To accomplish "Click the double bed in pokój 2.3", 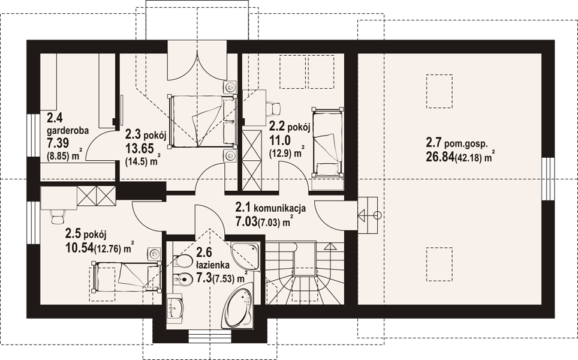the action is pos(202,121).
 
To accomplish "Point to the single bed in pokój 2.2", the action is pos(327,142).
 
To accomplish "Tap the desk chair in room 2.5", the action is pos(58,216).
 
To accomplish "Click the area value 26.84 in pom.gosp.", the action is pos(440,157).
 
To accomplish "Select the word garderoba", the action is pos(68,131).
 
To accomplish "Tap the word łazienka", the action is pos(213,265).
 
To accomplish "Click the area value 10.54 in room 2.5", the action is pos(79,247).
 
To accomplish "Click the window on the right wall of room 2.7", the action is pos(549,179).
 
